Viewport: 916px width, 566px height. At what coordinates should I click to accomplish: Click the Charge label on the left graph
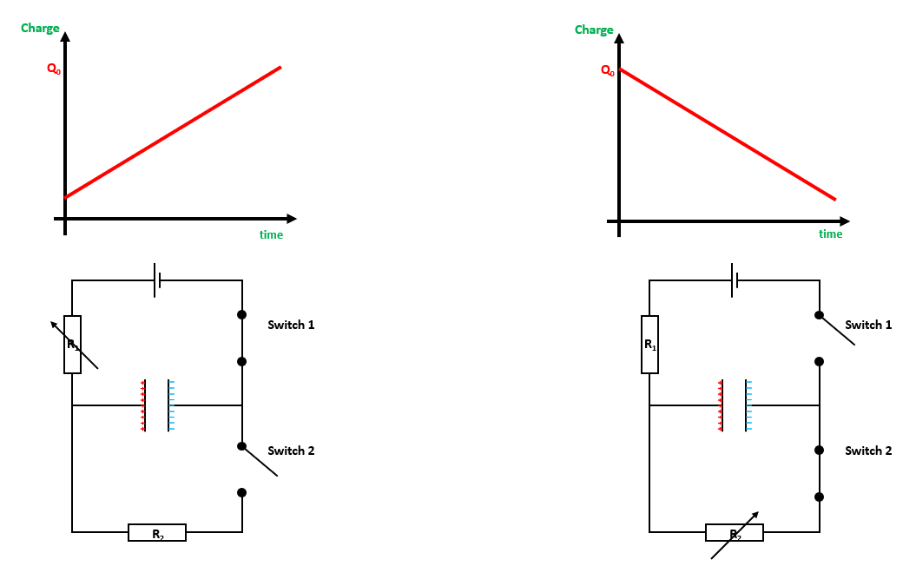coord(40,29)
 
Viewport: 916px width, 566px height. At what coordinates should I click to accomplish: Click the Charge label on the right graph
coord(594,30)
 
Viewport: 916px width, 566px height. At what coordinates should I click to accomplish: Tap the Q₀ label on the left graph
coord(54,69)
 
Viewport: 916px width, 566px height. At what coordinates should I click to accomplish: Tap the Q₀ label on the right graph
coord(608,70)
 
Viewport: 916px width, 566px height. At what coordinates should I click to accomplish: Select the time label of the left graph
coord(271,234)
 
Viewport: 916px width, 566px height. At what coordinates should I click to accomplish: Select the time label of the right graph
coord(830,234)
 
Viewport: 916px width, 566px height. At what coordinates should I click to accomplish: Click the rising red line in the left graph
coord(174,132)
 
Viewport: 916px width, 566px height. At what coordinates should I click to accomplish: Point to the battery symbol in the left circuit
coord(157,280)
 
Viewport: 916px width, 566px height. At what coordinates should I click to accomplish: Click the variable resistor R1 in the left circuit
coord(73,345)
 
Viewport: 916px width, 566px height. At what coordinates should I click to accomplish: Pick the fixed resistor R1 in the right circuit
coord(650,345)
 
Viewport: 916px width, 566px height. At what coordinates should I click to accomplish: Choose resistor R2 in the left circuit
coord(157,533)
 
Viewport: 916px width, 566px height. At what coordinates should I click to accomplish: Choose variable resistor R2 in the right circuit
coord(735,533)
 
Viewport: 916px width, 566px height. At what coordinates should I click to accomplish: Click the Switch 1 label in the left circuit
coord(291,325)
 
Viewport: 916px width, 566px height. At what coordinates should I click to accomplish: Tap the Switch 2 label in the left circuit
coord(291,451)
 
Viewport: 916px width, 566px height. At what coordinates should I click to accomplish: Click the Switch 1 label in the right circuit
coord(868,325)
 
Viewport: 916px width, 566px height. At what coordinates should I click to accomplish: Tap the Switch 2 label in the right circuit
coord(868,451)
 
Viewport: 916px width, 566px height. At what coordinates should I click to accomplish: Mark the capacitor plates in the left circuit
coord(157,405)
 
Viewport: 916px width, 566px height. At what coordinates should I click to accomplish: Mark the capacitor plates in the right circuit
coord(735,405)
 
